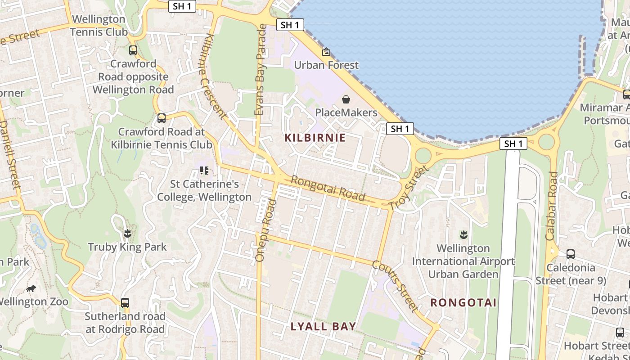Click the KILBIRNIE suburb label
coord(315,138)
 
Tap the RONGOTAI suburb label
coord(463,302)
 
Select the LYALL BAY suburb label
coord(323,326)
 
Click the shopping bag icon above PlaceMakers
coord(346,99)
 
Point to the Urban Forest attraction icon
coord(326,52)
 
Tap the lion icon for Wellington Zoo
coord(31,288)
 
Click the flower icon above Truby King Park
coord(127,233)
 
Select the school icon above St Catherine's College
coord(204,171)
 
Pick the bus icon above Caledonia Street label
coord(570,254)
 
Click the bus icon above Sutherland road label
coord(125,303)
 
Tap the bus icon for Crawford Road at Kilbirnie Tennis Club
coord(162,118)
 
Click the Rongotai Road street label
coord(328,188)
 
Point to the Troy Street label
coord(408,189)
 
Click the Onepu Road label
coord(265,230)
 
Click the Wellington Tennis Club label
coord(98,26)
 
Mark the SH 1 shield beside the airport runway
coord(513,144)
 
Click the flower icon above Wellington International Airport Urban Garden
coord(463,234)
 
